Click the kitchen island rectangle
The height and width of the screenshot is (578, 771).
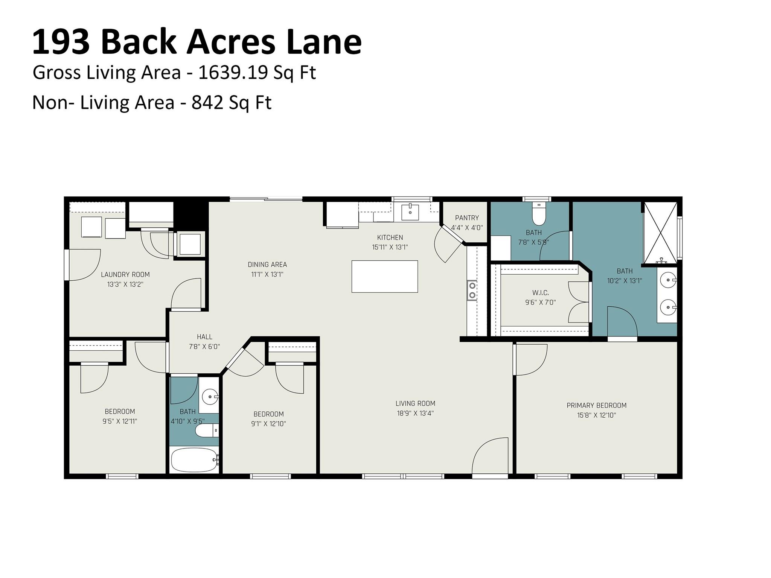pyautogui.click(x=384, y=276)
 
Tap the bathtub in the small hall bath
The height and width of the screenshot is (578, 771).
pyautogui.click(x=194, y=460)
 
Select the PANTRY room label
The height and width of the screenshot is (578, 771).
pyautogui.click(x=467, y=218)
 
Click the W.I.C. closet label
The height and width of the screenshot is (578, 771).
pyautogui.click(x=540, y=292)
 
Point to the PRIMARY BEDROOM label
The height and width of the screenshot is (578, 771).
pyautogui.click(x=596, y=405)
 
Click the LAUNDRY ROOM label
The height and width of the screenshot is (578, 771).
pyautogui.click(x=125, y=275)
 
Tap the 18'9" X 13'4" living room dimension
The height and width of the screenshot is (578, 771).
pyautogui.click(x=415, y=413)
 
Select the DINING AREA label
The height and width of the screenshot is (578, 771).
pyautogui.click(x=267, y=265)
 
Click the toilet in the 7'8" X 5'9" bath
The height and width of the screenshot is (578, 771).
pyautogui.click(x=539, y=214)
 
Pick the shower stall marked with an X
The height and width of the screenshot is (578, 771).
pyautogui.click(x=660, y=232)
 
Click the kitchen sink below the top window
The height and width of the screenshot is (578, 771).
pyautogui.click(x=410, y=212)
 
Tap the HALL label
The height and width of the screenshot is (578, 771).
pyautogui.click(x=204, y=337)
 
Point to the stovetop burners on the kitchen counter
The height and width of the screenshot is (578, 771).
pyautogui.click(x=472, y=290)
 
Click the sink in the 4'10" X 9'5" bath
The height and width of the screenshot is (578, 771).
pyautogui.click(x=210, y=396)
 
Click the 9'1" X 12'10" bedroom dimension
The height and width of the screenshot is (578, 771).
pyautogui.click(x=268, y=424)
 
